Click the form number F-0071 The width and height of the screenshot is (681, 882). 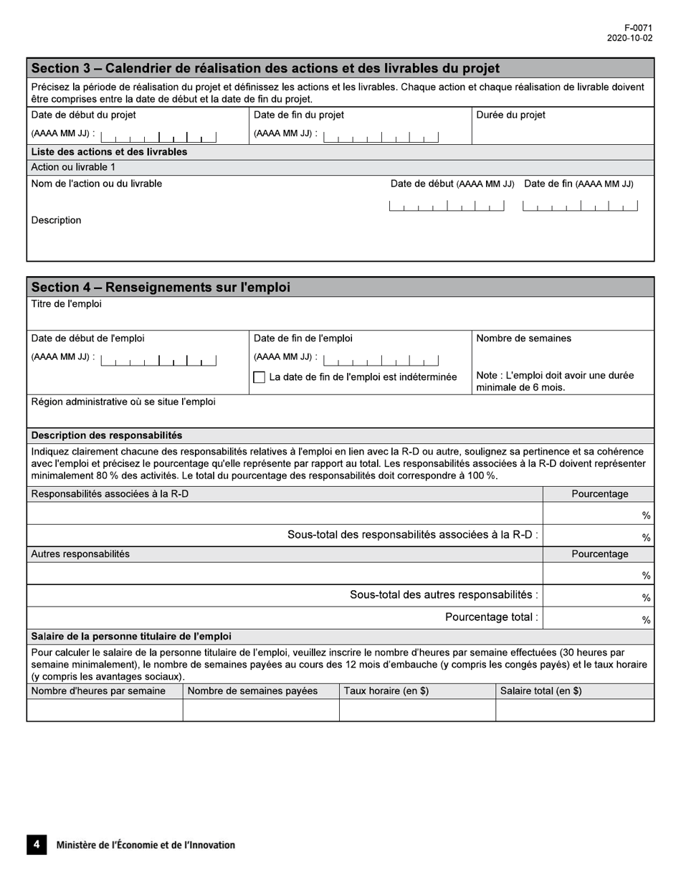point(638,28)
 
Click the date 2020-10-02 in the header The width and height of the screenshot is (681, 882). point(629,38)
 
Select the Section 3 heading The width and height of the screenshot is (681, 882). point(265,69)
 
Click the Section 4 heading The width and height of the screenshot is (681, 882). point(161,288)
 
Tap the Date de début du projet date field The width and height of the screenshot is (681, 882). point(158,136)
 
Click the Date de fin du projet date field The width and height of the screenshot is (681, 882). point(381,136)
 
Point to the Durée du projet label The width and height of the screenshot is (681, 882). point(510,115)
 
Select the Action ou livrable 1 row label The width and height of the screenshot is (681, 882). point(73,167)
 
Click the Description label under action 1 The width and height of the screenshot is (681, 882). point(56,220)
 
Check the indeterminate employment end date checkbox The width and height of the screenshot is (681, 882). point(259,377)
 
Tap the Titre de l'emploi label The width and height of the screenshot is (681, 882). point(66,304)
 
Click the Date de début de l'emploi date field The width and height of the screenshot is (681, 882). point(158,360)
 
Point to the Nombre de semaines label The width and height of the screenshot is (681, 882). point(523,338)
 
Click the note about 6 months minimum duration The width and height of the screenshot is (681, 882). point(555,381)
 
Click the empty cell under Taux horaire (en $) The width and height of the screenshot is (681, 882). point(416,710)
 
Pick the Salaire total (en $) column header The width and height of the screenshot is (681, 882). point(540,691)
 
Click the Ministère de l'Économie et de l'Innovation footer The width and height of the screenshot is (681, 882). point(146,845)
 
